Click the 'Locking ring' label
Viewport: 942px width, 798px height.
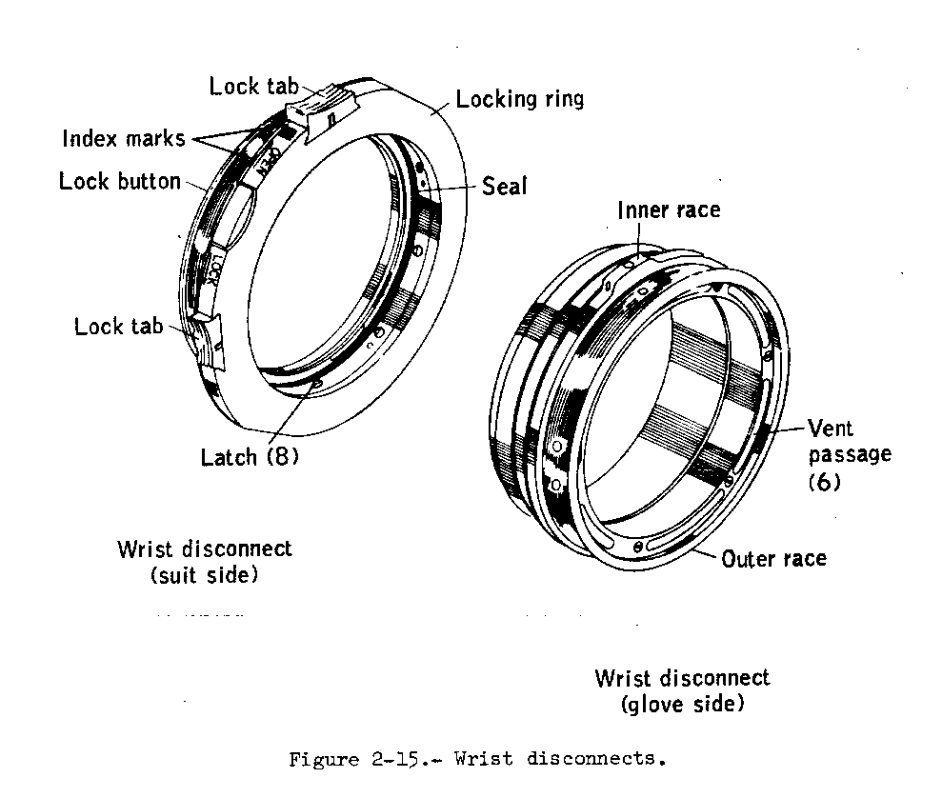tap(519, 99)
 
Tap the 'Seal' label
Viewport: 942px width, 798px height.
tap(504, 186)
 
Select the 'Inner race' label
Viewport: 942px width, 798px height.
tap(669, 209)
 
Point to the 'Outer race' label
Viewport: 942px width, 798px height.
tap(773, 558)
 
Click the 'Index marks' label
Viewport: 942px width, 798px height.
tap(124, 139)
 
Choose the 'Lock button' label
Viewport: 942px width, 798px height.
tap(120, 181)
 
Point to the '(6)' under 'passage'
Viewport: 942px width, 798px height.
tap(824, 482)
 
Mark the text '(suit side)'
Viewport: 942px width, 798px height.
tap(204, 575)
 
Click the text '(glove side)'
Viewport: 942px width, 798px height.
tap(681, 705)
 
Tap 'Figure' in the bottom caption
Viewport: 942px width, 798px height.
tap(324, 759)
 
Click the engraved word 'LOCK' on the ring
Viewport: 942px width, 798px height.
tap(215, 271)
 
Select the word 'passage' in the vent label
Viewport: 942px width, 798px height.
tap(850, 453)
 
